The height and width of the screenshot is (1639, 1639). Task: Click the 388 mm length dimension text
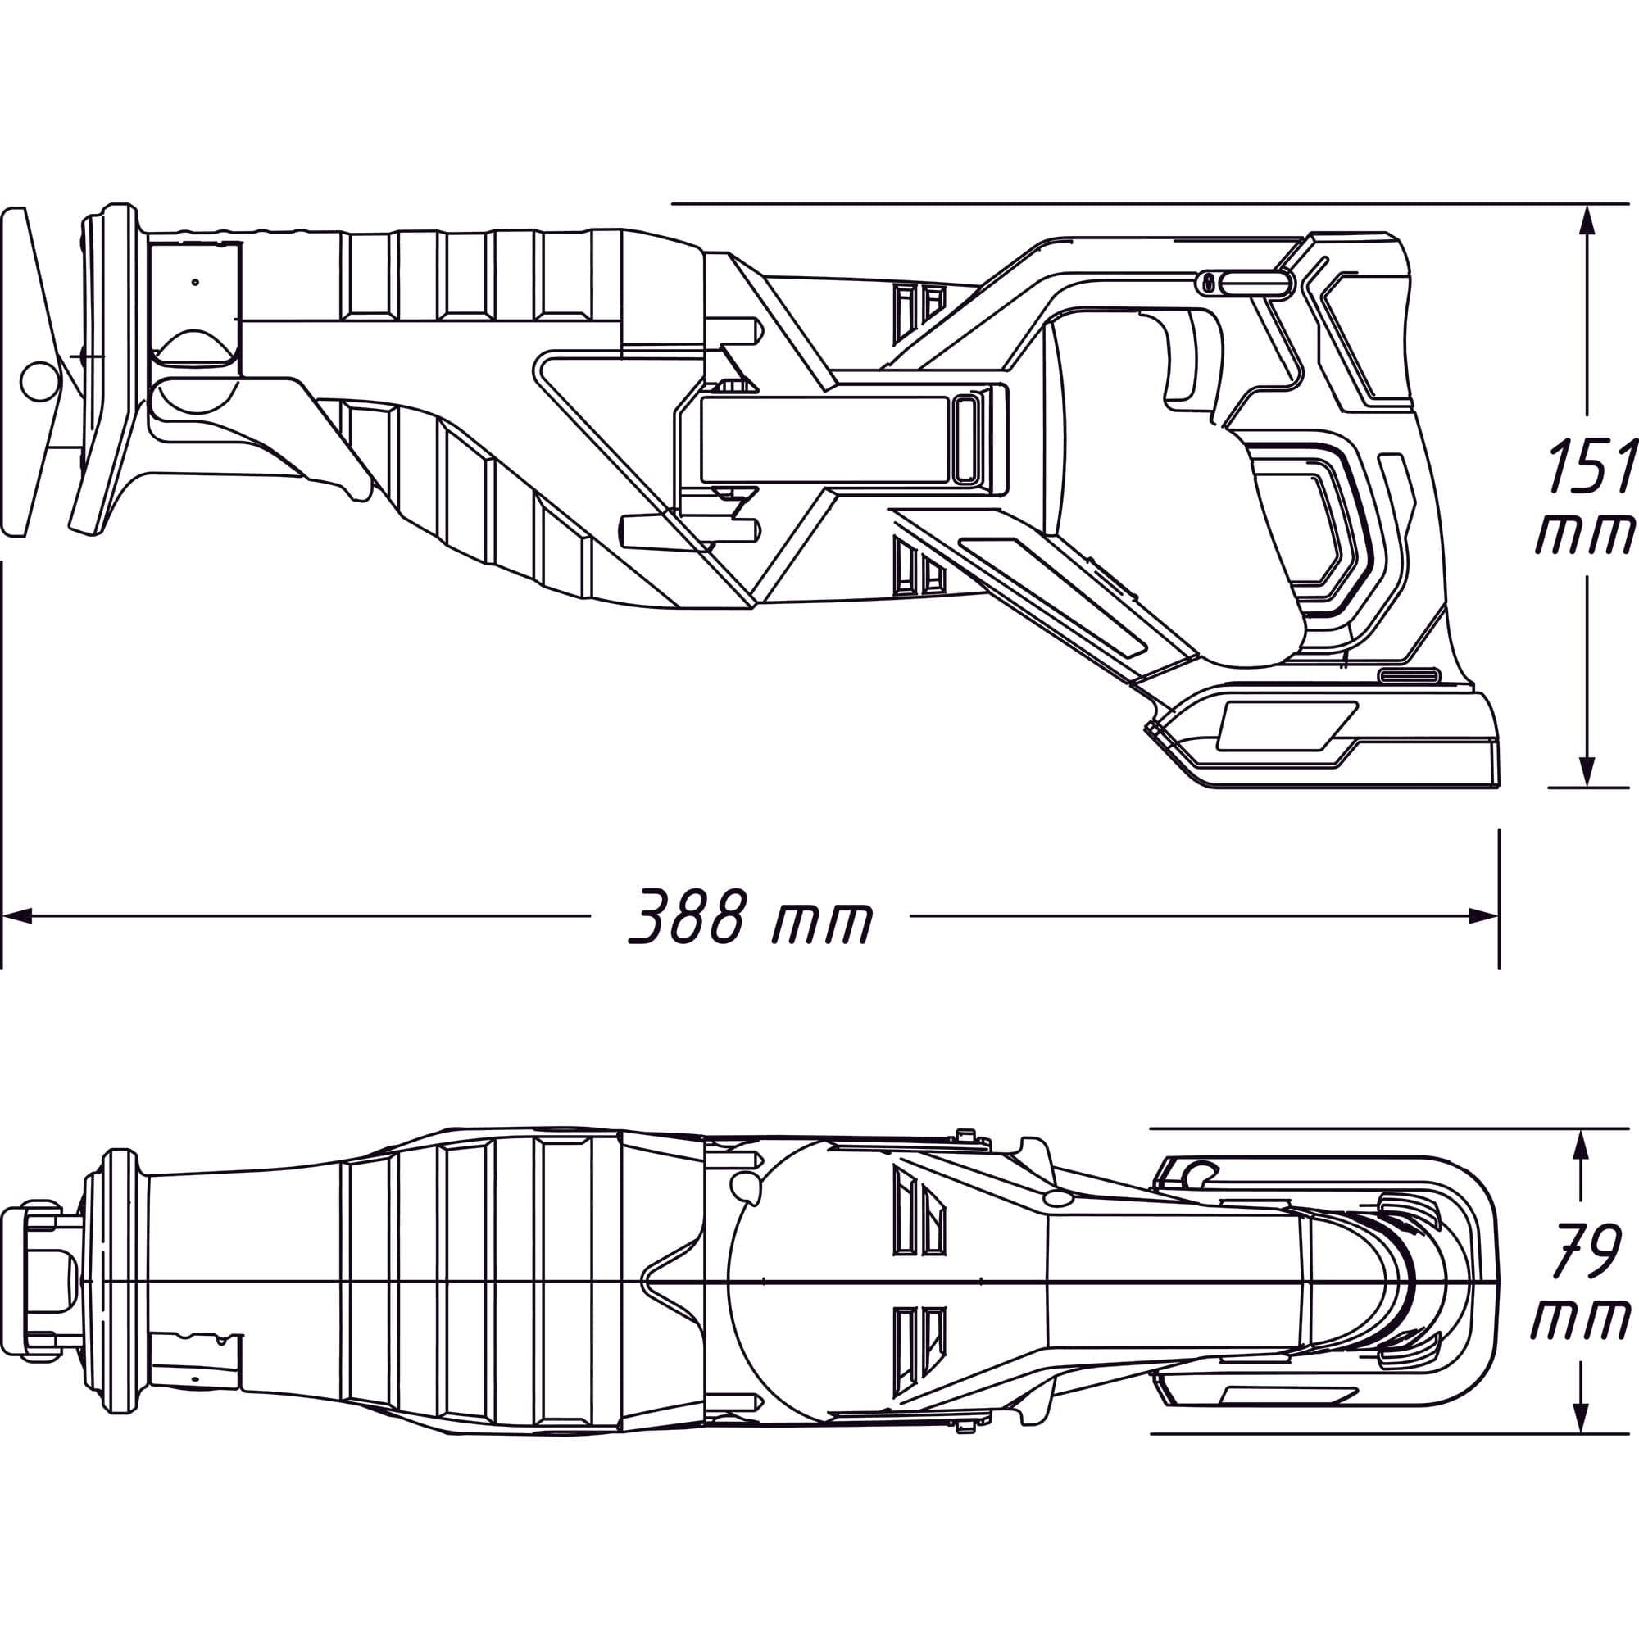750,917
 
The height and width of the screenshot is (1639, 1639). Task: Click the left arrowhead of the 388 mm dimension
17,915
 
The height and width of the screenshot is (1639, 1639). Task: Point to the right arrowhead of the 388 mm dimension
1484,915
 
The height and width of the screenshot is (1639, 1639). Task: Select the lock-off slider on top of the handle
1242,284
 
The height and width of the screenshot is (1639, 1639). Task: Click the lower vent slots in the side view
919,564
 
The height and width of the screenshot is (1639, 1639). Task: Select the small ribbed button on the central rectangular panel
966,439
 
